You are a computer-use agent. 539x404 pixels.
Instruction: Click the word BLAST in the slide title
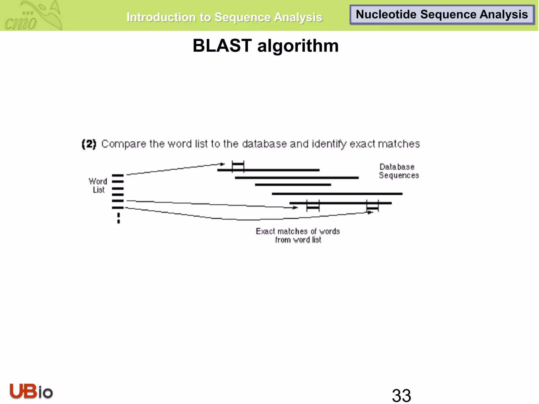point(222,46)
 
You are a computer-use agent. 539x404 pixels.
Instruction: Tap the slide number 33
point(401,395)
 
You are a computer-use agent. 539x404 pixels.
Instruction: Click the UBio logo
point(31,391)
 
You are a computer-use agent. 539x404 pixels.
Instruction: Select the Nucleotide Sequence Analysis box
point(442,15)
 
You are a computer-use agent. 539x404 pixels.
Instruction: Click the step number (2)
point(89,144)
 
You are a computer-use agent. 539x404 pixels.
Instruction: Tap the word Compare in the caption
point(124,144)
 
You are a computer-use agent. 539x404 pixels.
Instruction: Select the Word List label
point(98,185)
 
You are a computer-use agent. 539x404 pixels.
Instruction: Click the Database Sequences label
point(398,171)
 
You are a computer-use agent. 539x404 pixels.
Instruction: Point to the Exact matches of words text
point(298,231)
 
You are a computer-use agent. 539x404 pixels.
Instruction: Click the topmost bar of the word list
point(118,175)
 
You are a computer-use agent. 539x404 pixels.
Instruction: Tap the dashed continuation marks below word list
point(118,218)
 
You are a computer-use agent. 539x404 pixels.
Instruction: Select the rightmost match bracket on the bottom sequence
point(372,208)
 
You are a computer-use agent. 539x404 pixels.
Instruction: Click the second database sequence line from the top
point(297,178)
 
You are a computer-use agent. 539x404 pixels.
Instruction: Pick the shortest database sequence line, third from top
point(293,185)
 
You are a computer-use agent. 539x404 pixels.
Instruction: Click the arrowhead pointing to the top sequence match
point(223,164)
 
